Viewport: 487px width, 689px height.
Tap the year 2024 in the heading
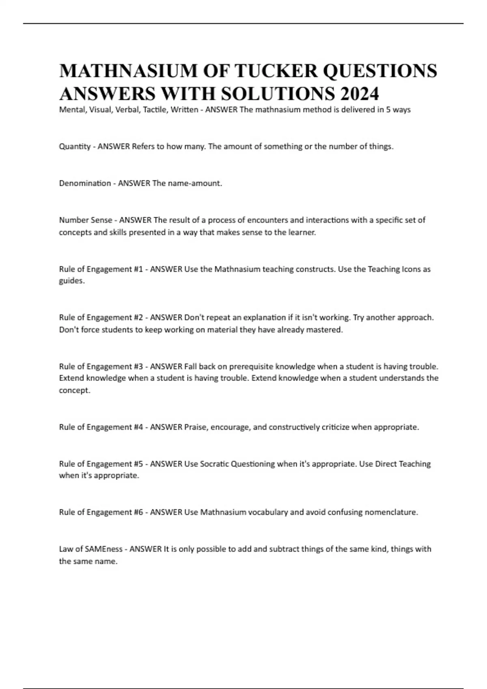[359, 94]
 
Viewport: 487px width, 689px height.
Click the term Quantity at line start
[75, 147]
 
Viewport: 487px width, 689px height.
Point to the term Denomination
[85, 183]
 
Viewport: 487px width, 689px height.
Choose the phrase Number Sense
[86, 220]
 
